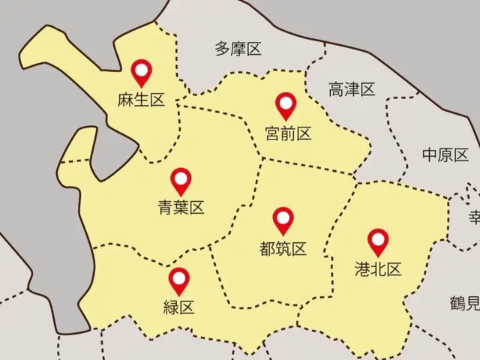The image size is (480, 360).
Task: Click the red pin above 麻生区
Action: (141, 72)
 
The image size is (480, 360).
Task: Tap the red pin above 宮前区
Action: (286, 104)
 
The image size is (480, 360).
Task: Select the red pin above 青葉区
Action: (181, 180)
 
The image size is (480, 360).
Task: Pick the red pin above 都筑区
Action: (283, 220)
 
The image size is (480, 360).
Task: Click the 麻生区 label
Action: (140, 100)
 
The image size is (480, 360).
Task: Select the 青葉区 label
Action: (181, 208)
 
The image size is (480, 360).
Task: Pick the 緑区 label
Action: (178, 307)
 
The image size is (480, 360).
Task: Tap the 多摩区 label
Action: (238, 49)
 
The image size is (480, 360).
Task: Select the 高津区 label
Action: (351, 90)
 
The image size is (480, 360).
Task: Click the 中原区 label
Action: (445, 155)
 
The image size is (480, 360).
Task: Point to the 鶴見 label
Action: (464, 304)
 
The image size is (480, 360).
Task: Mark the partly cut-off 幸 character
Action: (475, 217)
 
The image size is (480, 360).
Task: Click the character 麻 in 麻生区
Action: (125, 100)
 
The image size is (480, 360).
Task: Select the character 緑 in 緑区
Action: (171, 307)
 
